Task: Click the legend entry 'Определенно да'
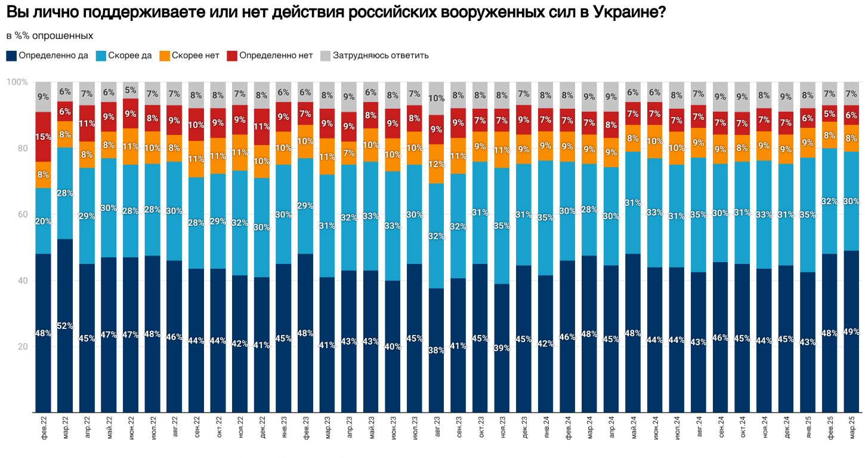(x=53, y=56)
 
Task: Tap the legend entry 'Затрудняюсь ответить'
(x=381, y=56)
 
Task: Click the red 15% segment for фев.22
(x=43, y=137)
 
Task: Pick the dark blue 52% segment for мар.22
(x=65, y=325)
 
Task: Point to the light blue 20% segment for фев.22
(x=43, y=221)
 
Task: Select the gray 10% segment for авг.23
(x=436, y=98)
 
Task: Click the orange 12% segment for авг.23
(x=436, y=164)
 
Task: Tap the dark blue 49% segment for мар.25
(x=851, y=331)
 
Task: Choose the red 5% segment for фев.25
(x=829, y=113)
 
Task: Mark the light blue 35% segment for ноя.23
(x=502, y=226)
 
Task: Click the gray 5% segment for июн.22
(x=131, y=90)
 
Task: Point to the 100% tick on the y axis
(x=17, y=82)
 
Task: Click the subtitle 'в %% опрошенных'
(x=50, y=35)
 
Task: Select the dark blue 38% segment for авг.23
(x=436, y=350)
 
